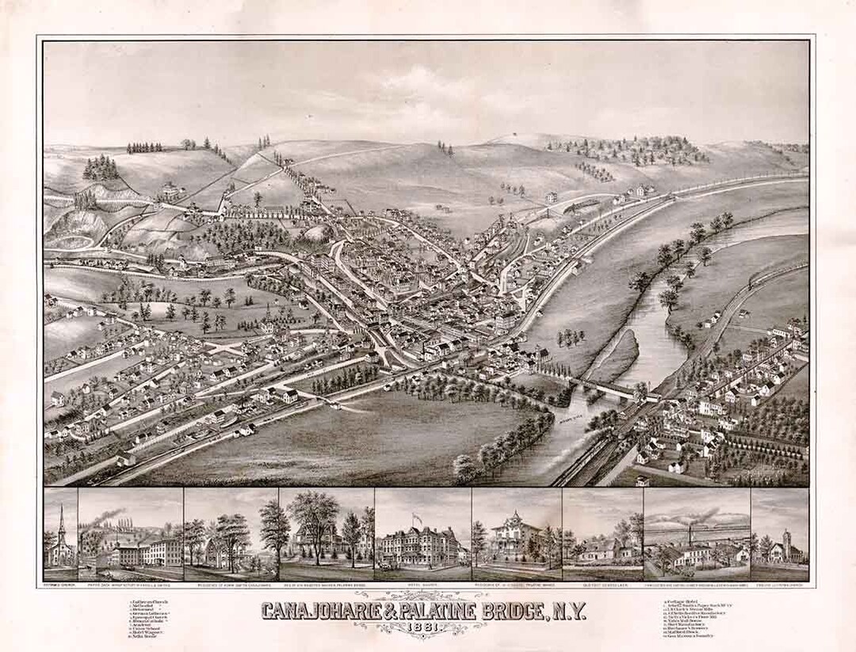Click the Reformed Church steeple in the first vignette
pyautogui.click(x=61, y=524)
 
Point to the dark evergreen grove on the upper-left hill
pyautogui.click(x=101, y=167)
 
